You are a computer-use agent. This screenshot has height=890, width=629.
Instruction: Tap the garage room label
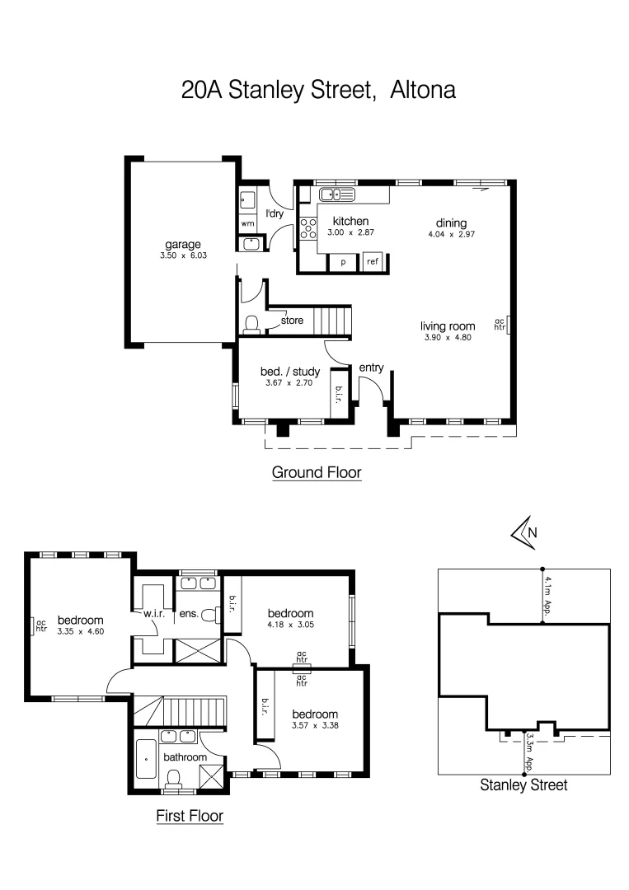pyautogui.click(x=183, y=244)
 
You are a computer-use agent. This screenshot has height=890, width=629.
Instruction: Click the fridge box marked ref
pyautogui.click(x=373, y=262)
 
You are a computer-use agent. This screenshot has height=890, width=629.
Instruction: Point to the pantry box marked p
pyautogui.click(x=342, y=262)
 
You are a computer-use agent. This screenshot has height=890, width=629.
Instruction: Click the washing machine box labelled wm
pyautogui.click(x=247, y=223)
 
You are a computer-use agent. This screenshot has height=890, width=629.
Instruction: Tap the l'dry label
pyautogui.click(x=275, y=214)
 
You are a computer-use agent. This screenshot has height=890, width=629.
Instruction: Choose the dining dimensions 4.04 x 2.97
pyautogui.click(x=452, y=234)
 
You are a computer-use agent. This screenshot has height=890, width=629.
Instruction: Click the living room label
pyautogui.click(x=447, y=326)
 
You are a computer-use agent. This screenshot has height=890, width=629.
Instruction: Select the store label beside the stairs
pyautogui.click(x=292, y=320)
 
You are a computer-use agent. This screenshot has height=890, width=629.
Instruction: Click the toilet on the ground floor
pyautogui.click(x=253, y=323)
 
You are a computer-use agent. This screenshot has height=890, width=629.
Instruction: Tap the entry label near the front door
pyautogui.click(x=372, y=368)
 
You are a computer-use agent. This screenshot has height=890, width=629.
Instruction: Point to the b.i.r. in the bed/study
pyautogui.click(x=339, y=389)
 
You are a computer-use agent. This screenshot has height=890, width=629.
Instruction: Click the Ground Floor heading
pyautogui.click(x=317, y=473)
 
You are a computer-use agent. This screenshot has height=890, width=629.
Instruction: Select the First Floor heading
pyautogui.click(x=190, y=816)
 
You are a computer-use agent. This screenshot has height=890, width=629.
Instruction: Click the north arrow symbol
pyautogui.click(x=523, y=533)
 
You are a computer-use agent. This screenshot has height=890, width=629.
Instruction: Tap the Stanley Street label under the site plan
pyautogui.click(x=523, y=785)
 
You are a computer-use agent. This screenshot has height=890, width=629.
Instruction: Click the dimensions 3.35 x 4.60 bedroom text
pyautogui.click(x=80, y=631)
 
